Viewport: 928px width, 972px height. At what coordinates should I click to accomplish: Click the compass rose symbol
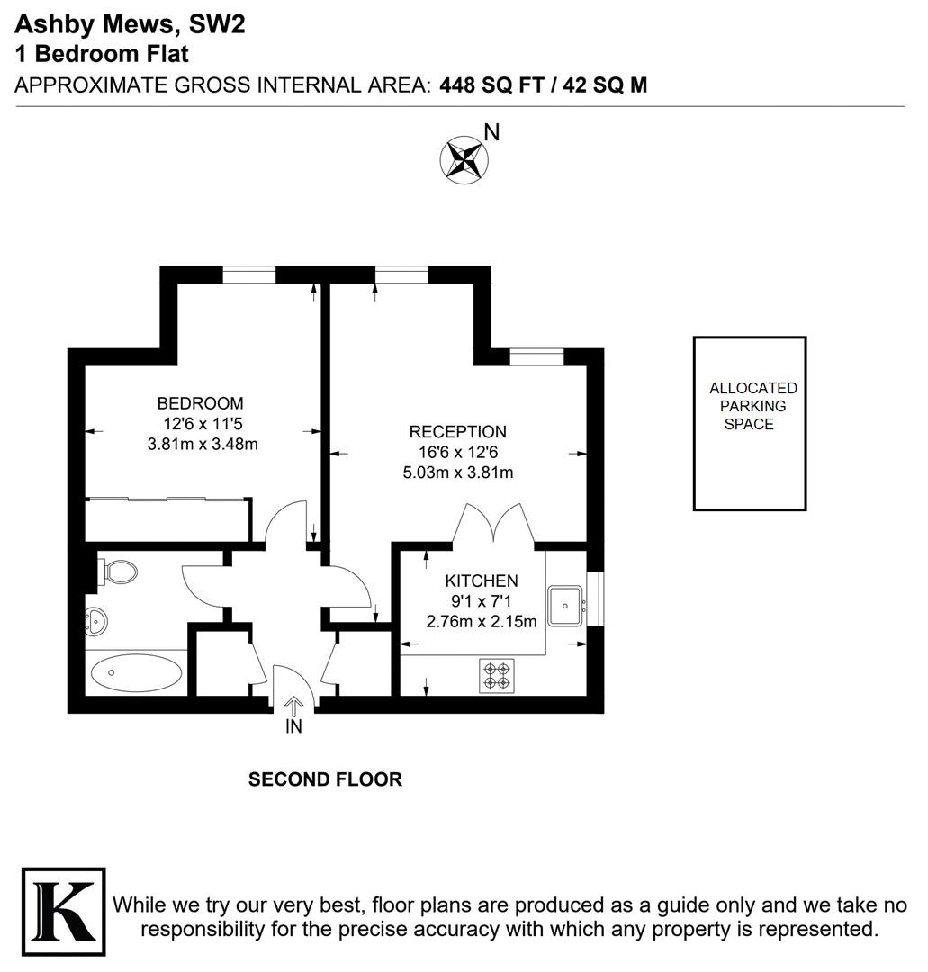point(463,159)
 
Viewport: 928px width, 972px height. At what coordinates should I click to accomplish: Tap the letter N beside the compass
point(491,132)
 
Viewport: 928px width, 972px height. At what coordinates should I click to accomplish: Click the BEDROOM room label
point(200,403)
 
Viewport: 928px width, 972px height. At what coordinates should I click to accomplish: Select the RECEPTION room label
point(457,432)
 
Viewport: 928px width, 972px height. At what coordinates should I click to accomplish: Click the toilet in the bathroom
point(120,571)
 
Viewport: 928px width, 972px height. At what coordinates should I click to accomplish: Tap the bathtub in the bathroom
point(137,671)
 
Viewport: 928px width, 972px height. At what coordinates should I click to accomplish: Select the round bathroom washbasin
point(96,618)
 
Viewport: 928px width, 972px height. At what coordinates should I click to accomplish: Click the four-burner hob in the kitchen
point(496,675)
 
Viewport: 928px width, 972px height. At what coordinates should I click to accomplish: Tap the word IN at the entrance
point(293,727)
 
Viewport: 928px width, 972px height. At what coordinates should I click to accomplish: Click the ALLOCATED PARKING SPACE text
point(752,406)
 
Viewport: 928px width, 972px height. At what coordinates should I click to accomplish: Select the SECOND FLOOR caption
point(325,779)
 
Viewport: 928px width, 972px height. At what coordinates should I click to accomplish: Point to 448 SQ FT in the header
point(491,85)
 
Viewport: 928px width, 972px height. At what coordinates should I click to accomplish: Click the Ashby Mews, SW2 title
point(130,24)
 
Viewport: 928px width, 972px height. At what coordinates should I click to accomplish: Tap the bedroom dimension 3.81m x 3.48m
point(203,443)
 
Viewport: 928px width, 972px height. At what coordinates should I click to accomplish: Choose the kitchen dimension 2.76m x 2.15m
point(481,620)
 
